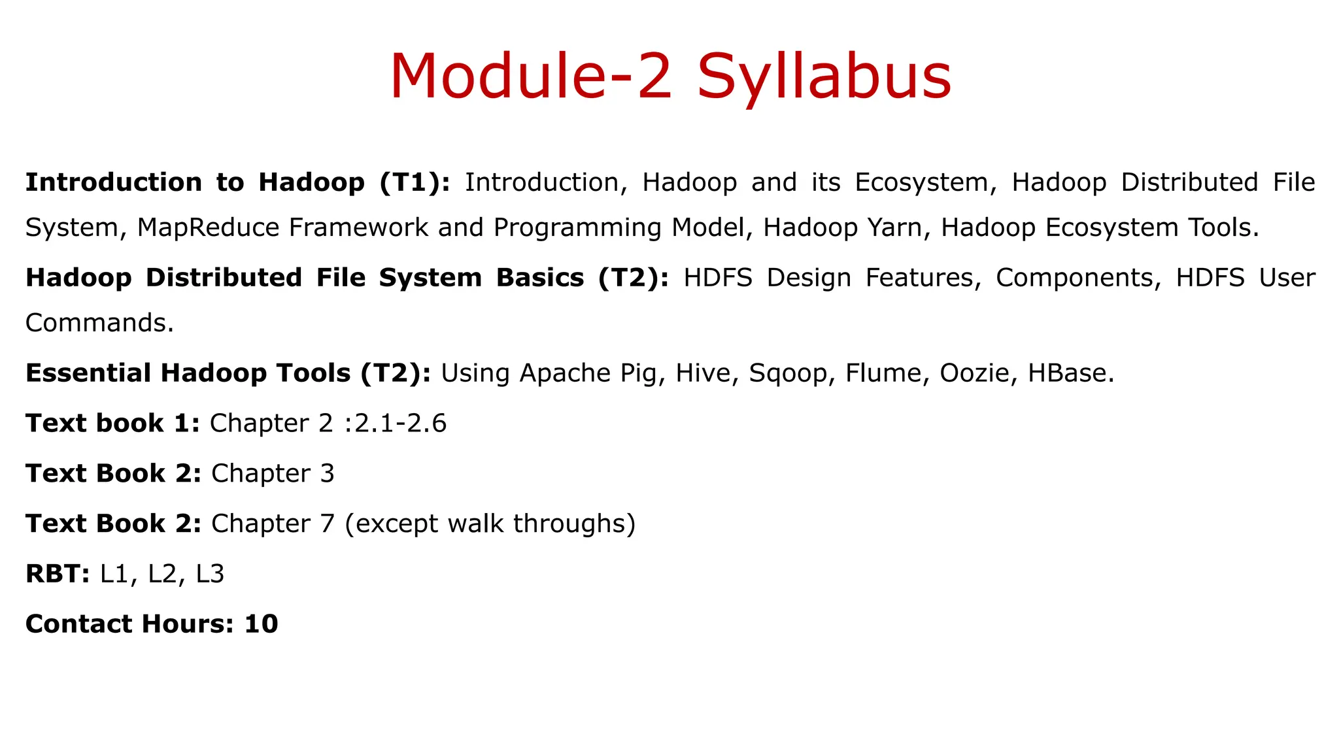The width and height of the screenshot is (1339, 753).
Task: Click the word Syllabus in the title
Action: pos(824,77)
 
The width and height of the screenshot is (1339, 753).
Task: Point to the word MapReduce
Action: pos(209,227)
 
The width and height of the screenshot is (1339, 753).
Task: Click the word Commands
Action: pos(99,323)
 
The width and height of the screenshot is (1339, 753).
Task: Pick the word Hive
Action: pos(705,373)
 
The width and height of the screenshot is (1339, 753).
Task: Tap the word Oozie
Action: pos(977,373)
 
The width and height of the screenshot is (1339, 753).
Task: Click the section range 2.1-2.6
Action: pos(400,424)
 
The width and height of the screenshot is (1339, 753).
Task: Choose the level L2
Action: pos(163,574)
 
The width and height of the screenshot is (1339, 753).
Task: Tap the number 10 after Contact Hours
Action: pos(261,624)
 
